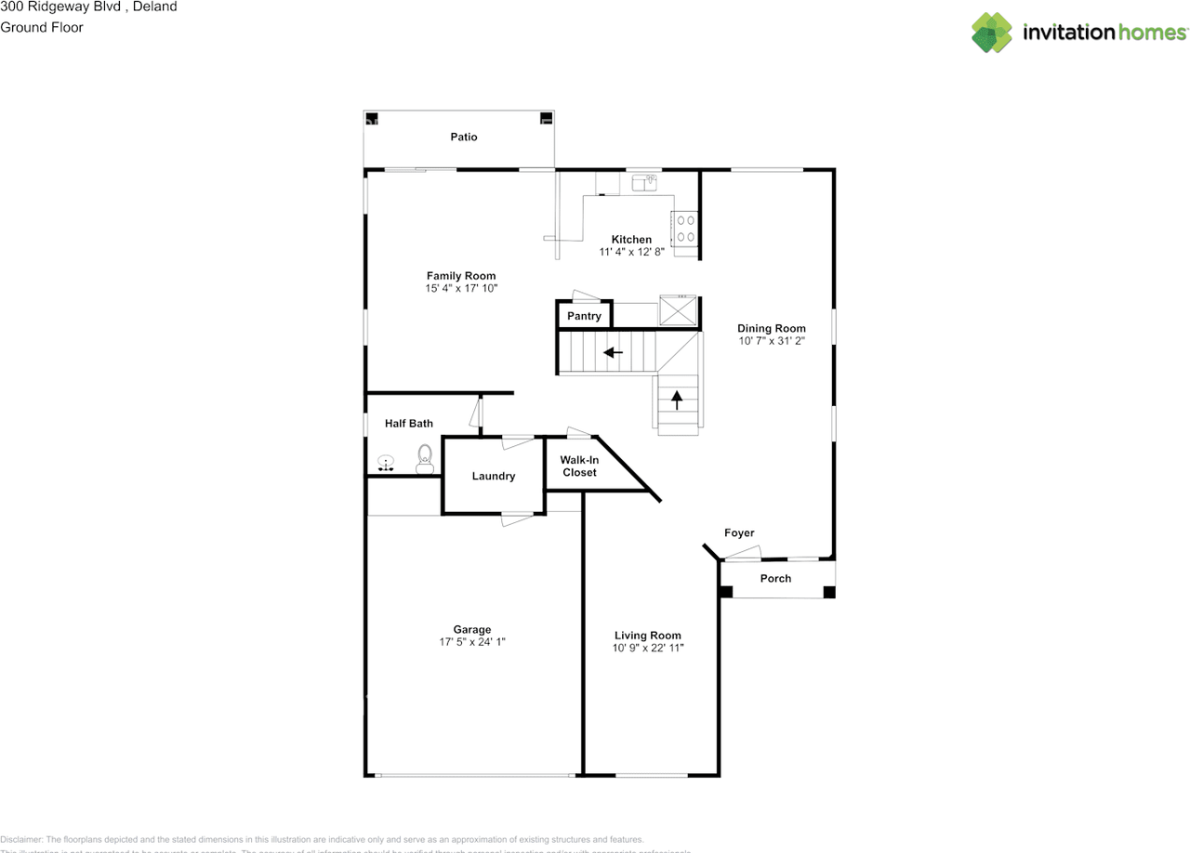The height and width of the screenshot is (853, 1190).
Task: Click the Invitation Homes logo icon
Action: point(991,33)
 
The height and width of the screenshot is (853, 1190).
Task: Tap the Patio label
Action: point(464,137)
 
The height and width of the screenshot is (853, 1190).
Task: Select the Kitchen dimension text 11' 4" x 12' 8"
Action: point(631,252)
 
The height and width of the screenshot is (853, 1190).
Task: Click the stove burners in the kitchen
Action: point(685,229)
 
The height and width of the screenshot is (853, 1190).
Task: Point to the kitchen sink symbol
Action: point(645,184)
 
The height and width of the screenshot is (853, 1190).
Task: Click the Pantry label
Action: point(584,316)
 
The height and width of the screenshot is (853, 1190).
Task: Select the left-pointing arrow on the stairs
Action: point(613,353)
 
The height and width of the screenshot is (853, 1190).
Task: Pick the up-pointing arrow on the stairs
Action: point(677,400)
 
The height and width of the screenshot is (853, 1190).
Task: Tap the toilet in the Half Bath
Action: point(425,458)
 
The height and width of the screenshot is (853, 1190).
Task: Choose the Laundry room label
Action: point(493,476)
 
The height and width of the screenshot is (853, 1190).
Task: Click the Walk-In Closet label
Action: point(579,466)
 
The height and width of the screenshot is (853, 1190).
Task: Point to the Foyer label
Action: point(739,532)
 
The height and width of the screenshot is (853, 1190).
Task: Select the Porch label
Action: point(775,578)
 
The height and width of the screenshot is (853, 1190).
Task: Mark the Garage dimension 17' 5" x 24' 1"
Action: point(472,642)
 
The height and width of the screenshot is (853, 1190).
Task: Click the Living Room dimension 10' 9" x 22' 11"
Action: point(648,648)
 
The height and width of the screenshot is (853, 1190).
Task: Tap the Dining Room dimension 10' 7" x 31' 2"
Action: point(772,341)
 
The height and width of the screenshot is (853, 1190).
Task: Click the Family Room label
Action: point(461,276)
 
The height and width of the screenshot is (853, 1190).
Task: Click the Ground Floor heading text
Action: point(42,28)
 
